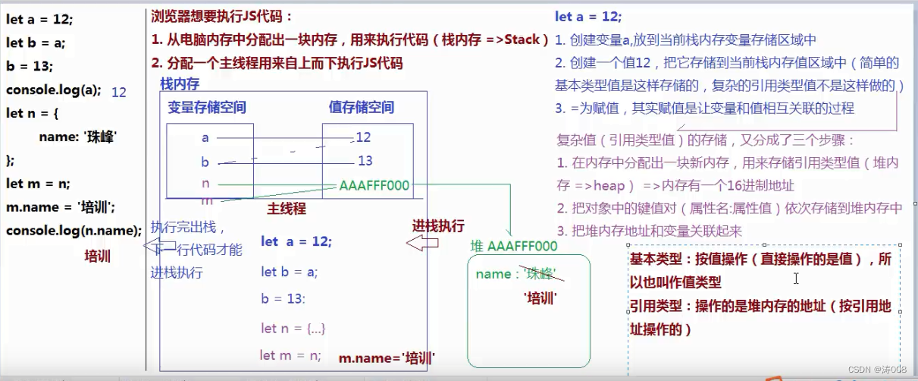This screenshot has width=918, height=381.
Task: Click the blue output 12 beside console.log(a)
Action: point(119,92)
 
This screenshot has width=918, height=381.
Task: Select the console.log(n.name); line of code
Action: point(74,230)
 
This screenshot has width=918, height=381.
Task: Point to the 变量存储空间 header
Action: point(207,107)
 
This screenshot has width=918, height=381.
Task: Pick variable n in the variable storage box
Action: point(205,184)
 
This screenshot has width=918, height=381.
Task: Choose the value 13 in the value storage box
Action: point(365,160)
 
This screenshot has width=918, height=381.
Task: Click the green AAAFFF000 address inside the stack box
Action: point(374,185)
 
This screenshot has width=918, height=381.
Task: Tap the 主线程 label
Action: point(286,207)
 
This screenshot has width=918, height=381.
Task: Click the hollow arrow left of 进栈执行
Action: point(422,243)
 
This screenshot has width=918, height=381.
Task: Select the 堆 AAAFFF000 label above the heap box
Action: point(514,246)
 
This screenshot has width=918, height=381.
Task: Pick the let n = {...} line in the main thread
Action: point(293,328)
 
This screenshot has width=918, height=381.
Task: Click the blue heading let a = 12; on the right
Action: point(588,17)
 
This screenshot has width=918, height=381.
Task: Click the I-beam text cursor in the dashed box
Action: point(797,279)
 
